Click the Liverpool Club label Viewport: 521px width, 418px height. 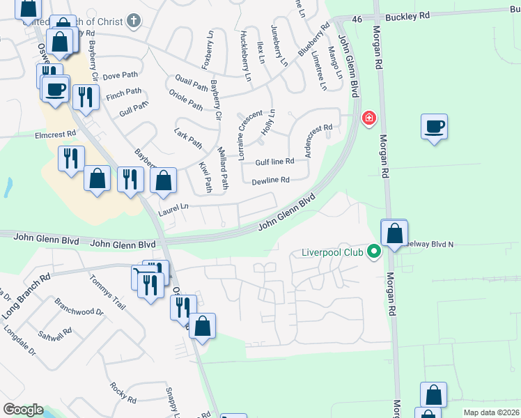click(x=332, y=251)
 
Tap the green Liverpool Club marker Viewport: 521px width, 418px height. click(x=374, y=251)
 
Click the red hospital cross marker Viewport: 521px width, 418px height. click(x=368, y=119)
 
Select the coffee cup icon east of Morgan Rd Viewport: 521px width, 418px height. click(x=434, y=127)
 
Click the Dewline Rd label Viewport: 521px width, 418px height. click(x=270, y=180)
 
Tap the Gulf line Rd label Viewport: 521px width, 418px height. click(x=274, y=161)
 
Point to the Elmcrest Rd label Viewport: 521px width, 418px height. click(x=55, y=135)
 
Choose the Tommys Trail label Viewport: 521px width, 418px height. click(x=107, y=291)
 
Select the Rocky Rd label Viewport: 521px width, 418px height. click(x=123, y=393)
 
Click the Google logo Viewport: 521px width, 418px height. click(x=22, y=410)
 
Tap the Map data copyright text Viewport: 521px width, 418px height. click(x=490, y=412)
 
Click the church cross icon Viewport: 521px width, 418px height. click(x=133, y=22)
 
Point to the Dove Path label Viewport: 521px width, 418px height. click(x=116, y=77)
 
